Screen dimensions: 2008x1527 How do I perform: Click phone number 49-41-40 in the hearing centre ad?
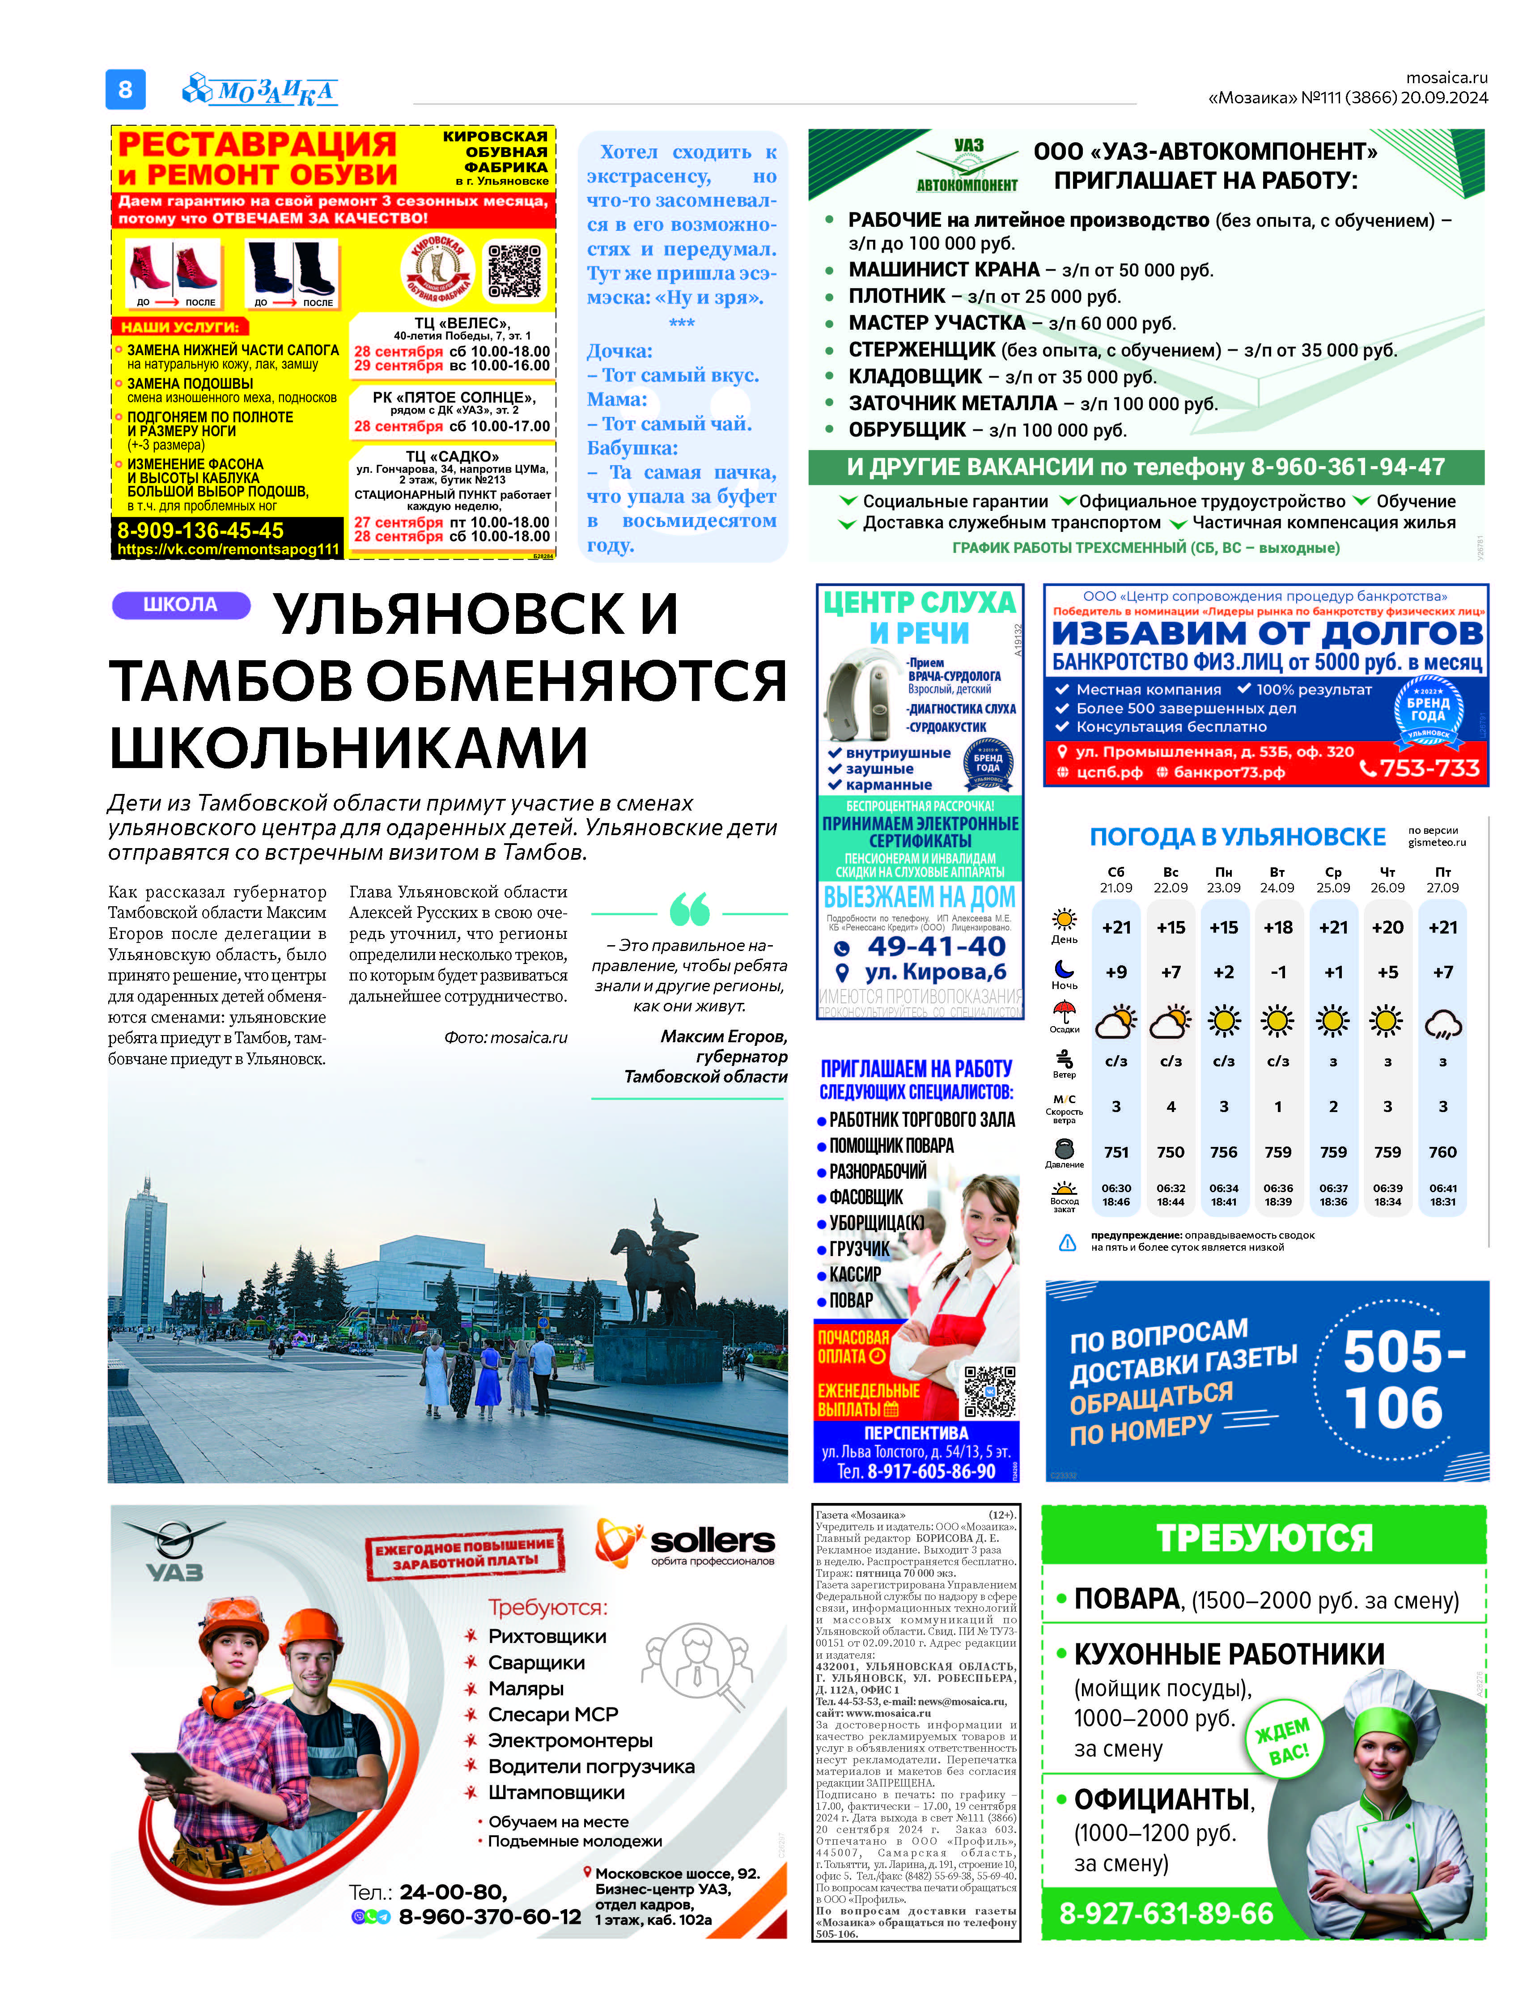point(936,946)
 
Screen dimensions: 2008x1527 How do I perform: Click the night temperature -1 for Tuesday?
point(1278,972)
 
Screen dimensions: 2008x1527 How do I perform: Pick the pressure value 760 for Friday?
point(1442,1152)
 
